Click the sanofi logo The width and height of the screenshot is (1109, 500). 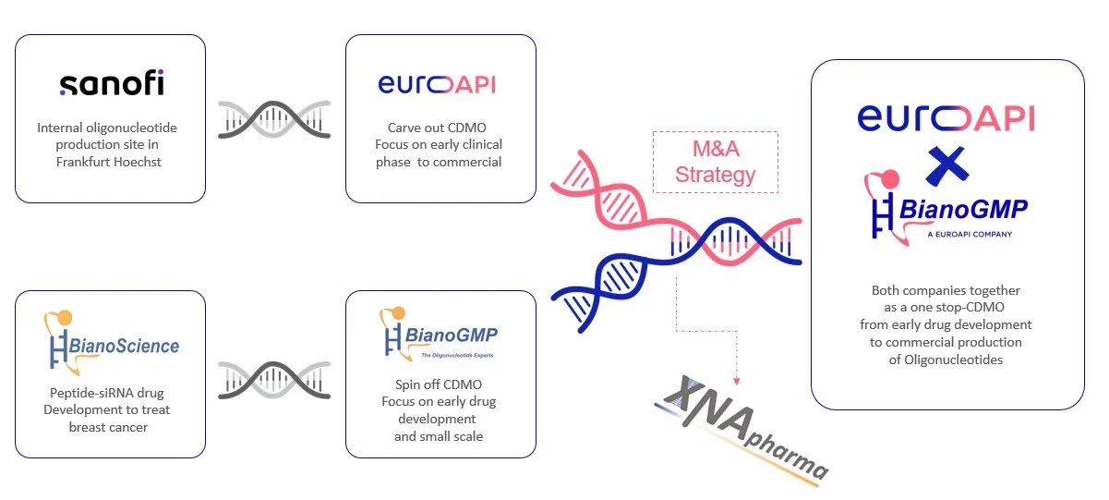click(112, 85)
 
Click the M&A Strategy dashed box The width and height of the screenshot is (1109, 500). click(715, 163)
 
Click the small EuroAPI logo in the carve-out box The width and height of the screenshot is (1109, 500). click(437, 85)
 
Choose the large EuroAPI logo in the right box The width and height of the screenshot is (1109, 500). click(946, 117)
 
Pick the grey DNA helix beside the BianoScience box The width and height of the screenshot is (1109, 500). click(274, 380)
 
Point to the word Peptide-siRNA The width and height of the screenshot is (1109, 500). click(81, 393)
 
